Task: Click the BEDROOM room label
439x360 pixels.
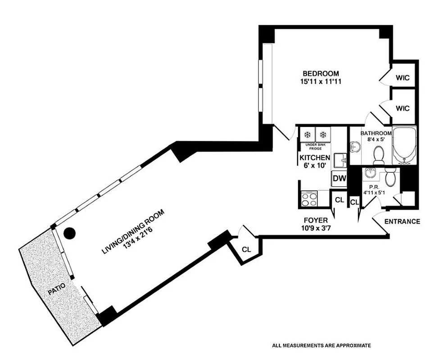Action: (320, 74)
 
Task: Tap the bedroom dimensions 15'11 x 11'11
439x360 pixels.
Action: (320, 82)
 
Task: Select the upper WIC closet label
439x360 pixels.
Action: (403, 78)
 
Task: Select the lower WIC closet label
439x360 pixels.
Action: (403, 108)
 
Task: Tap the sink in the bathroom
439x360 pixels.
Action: (354, 147)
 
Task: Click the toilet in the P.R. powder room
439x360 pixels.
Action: (390, 177)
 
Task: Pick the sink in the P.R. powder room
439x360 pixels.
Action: (371, 173)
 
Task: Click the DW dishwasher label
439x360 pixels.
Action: (339, 179)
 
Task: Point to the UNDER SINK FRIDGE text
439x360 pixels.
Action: (316, 146)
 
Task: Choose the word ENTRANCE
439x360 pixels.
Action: (402, 221)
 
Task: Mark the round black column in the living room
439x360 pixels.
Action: (69, 234)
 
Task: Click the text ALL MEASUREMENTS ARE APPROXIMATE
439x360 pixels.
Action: (321, 346)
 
